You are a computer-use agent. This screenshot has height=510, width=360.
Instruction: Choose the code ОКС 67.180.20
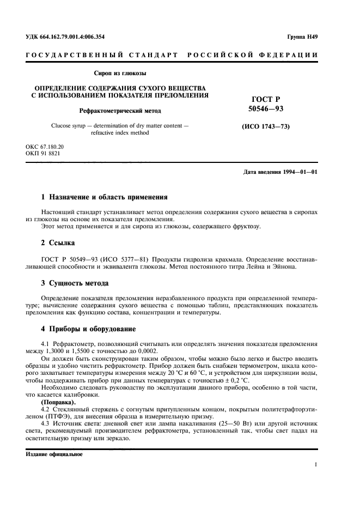(x=45, y=148)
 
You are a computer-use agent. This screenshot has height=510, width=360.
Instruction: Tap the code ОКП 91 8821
(x=43, y=154)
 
